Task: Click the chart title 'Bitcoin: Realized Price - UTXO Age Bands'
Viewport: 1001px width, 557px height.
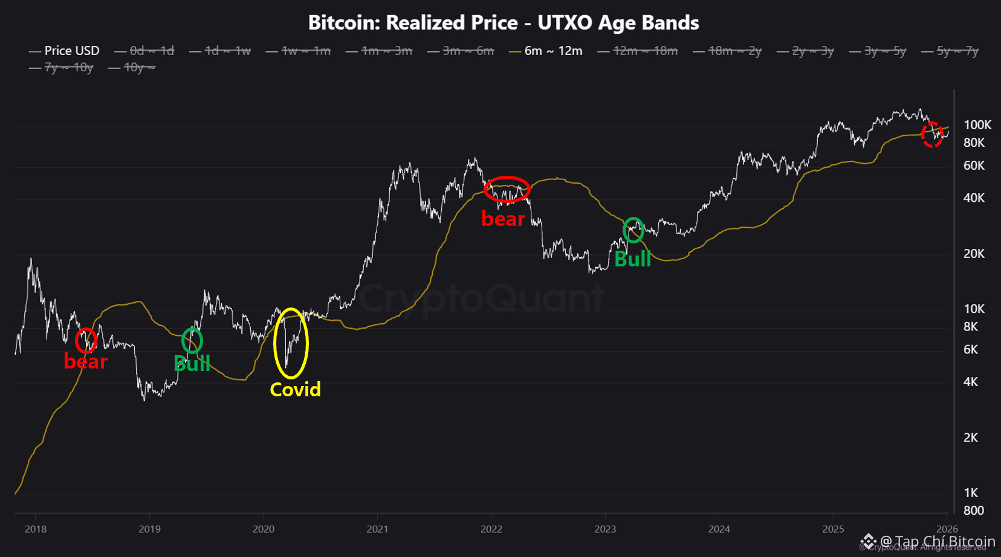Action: click(504, 23)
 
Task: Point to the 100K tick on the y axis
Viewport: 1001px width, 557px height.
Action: click(977, 125)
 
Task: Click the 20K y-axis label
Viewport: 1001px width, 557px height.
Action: click(973, 254)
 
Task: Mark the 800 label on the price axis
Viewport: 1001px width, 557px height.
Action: click(973, 510)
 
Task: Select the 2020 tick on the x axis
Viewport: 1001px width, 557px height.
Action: click(264, 529)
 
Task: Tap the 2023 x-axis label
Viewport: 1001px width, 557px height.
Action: click(605, 529)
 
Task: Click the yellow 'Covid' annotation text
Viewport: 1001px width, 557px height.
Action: click(295, 390)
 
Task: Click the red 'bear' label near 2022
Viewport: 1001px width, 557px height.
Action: click(503, 219)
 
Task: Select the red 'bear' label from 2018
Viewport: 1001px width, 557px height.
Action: click(85, 361)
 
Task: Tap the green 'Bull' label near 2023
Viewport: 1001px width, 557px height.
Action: click(632, 259)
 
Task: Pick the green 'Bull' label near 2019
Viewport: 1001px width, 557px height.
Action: click(192, 364)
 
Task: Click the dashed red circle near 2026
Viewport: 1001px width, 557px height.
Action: click(932, 134)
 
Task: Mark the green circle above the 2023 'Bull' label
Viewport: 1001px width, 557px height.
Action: click(633, 230)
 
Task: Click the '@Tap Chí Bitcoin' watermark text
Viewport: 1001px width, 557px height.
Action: click(937, 541)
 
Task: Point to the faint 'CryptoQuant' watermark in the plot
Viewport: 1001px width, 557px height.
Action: click(481, 298)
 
